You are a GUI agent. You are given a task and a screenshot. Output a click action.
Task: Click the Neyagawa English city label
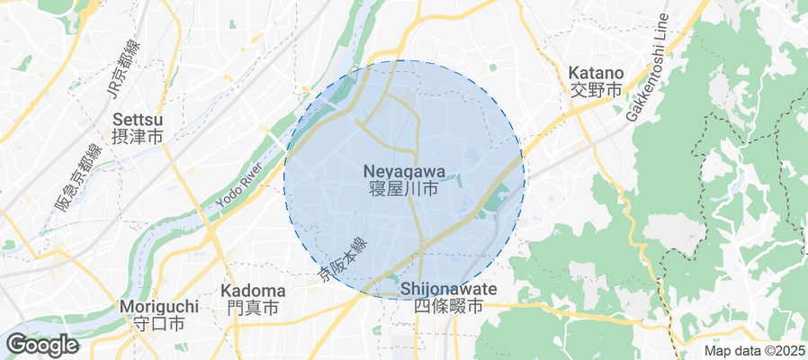(404, 170)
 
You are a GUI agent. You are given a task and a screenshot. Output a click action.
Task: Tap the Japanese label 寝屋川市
(404, 189)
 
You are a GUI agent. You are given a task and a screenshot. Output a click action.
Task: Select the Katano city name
(596, 73)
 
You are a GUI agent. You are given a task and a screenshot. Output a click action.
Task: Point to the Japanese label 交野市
(596, 90)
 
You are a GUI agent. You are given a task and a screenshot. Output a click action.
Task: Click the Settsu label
(138, 120)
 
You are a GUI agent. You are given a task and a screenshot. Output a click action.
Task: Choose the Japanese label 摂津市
(138, 138)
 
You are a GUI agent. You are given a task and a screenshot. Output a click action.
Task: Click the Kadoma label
(253, 291)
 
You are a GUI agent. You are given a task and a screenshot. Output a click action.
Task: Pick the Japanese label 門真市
(253, 309)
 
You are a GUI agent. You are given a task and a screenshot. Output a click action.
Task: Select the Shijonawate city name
(448, 289)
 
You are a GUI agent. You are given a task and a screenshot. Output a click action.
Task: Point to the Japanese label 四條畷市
(448, 307)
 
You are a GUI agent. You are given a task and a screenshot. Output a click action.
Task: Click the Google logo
(41, 344)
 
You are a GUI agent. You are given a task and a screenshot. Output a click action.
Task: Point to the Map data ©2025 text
(753, 351)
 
